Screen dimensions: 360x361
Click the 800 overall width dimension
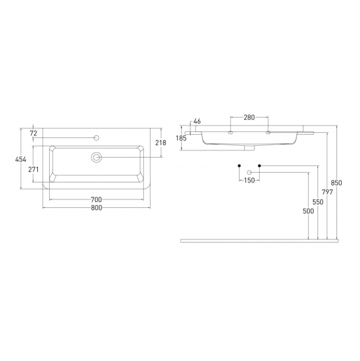(96, 208)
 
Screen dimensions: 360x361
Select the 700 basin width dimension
(96, 199)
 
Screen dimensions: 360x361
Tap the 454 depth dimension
(21, 159)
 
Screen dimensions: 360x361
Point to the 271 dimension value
(33, 169)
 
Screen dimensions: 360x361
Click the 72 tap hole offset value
(33, 133)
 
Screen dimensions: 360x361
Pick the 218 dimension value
(160, 143)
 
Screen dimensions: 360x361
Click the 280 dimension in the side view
(249, 118)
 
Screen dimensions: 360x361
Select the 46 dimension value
(197, 121)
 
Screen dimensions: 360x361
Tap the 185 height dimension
(181, 138)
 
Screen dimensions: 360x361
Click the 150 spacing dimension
(249, 180)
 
